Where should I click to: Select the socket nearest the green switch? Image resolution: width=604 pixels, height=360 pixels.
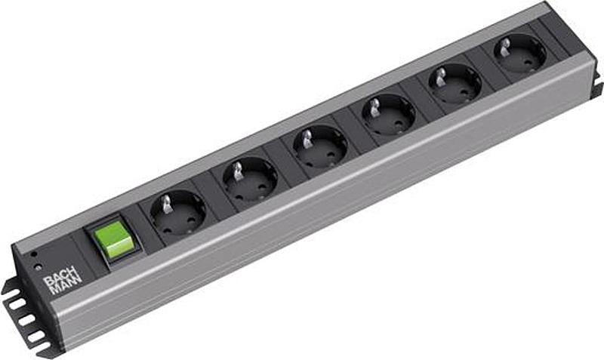177,214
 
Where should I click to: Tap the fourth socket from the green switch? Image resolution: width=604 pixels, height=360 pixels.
388,115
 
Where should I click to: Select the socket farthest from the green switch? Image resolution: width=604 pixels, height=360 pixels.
520,54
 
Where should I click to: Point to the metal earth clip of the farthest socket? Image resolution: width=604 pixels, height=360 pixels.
505,46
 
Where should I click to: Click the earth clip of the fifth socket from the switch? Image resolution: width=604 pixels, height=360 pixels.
440,75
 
